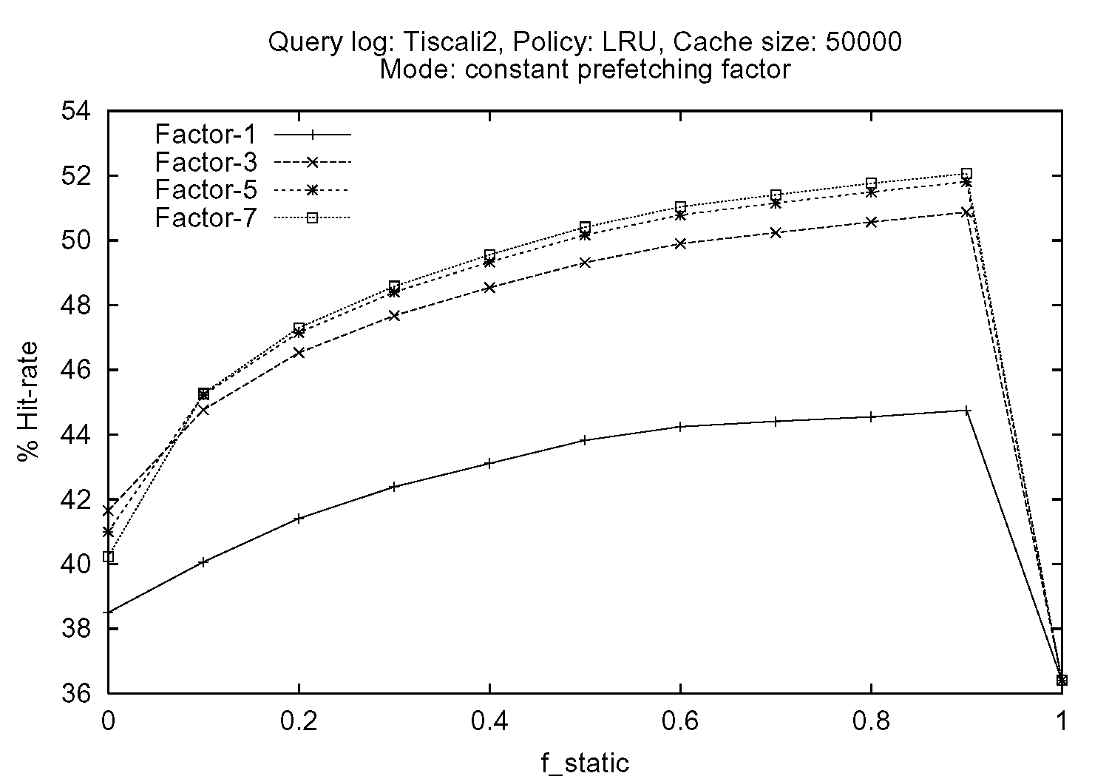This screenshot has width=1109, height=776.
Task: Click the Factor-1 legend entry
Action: click(x=206, y=135)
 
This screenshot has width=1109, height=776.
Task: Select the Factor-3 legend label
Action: click(x=206, y=162)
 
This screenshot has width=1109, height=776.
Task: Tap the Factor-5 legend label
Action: click(x=206, y=190)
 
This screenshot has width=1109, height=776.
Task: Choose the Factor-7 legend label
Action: click(x=206, y=218)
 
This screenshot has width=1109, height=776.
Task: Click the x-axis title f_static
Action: click(x=584, y=762)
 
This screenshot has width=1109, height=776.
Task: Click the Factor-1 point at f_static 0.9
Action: click(x=966, y=410)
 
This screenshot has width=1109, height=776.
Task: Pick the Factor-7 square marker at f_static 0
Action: click(x=108, y=556)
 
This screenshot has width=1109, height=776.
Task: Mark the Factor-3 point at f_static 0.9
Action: click(x=966, y=212)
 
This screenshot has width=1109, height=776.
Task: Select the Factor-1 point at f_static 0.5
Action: click(x=585, y=440)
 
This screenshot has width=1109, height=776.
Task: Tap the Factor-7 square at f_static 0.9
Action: click(x=966, y=173)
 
